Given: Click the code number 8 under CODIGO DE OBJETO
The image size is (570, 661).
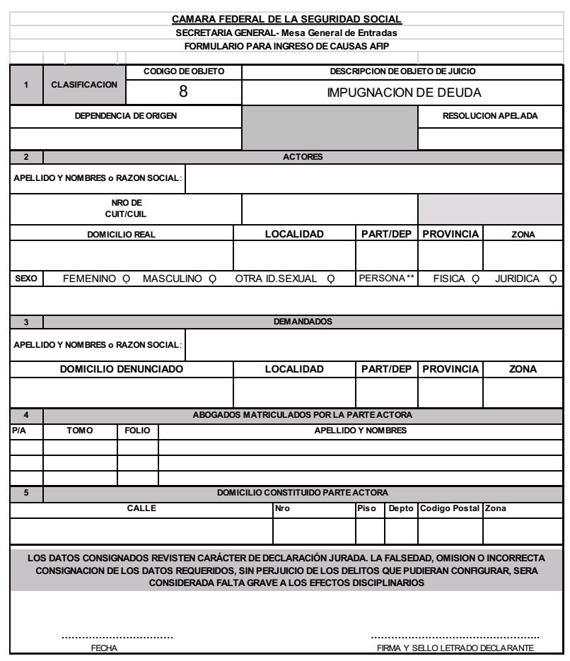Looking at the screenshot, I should click(182, 91).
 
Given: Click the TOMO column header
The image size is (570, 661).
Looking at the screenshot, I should click(80, 427).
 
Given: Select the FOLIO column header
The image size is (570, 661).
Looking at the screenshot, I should click(137, 427).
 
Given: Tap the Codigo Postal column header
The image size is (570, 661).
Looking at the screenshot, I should click(449, 506).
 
